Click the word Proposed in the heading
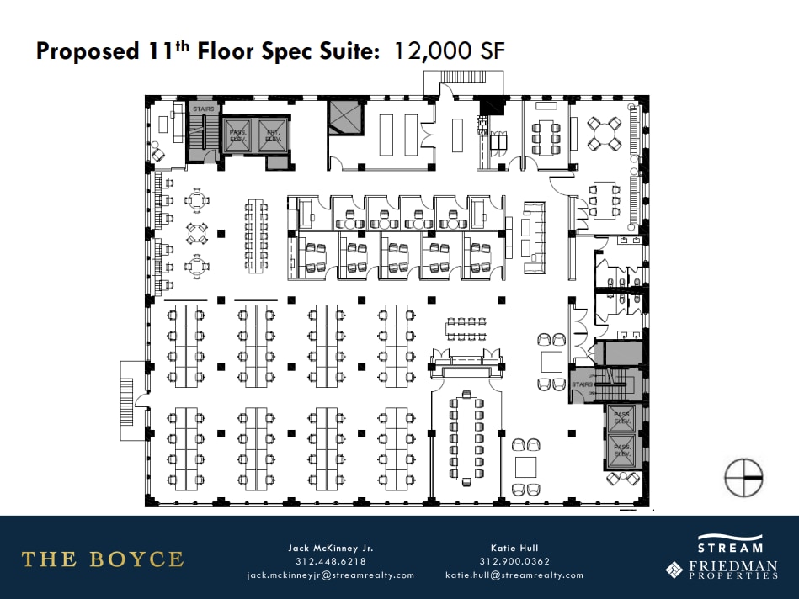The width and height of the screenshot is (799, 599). pyautogui.click(x=87, y=51)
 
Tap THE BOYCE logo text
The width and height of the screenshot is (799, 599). pyautogui.click(x=102, y=559)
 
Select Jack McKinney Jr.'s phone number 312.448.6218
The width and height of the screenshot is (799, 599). pyautogui.click(x=330, y=562)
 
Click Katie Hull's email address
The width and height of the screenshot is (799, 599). pyautogui.click(x=514, y=575)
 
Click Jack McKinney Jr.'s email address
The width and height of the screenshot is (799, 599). pyautogui.click(x=330, y=575)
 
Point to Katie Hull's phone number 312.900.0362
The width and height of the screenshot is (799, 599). pyautogui.click(x=514, y=562)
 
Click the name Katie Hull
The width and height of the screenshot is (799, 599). pyautogui.click(x=514, y=548)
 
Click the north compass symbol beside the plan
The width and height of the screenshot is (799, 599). pyautogui.click(x=743, y=477)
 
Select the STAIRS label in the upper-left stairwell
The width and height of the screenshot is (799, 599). pyautogui.click(x=204, y=109)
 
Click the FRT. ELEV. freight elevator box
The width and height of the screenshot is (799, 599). pyautogui.click(x=273, y=135)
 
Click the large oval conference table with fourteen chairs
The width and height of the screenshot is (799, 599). pyautogui.click(x=466, y=439)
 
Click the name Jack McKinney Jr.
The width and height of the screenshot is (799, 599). pyautogui.click(x=330, y=548)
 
